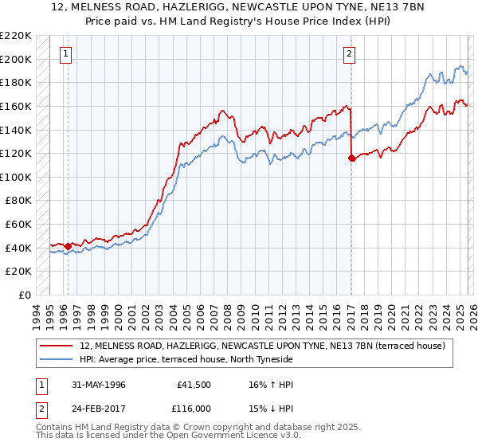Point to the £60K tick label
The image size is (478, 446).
click(18, 225)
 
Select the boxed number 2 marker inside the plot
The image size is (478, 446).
click(349, 54)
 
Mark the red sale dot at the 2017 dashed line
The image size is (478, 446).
click(351, 158)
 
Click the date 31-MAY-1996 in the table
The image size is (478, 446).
click(98, 384)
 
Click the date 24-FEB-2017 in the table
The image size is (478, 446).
click(98, 408)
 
